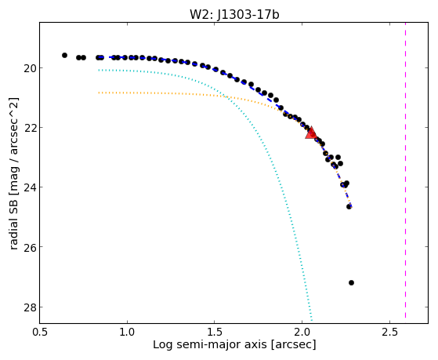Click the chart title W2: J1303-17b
point(234,14)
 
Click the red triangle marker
point(310,133)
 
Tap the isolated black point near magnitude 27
point(351,283)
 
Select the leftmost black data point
point(64,56)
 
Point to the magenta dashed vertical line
point(405,170)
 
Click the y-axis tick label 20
point(28,68)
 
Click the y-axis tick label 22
point(28,128)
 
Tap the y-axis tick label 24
point(28,187)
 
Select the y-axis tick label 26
point(28,247)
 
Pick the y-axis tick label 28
point(28,307)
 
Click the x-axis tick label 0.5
point(40,332)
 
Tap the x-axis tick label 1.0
point(127,332)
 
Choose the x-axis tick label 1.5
point(214,332)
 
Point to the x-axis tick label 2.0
point(302,332)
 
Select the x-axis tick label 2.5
point(389,332)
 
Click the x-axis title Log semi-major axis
point(210,344)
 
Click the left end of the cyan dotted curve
point(99,70)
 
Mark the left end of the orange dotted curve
point(99,93)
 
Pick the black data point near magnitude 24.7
point(349,207)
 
